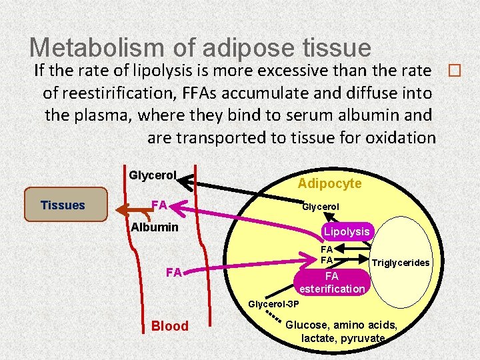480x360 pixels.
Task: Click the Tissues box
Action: [63, 205]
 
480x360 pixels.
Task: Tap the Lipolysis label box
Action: [347, 231]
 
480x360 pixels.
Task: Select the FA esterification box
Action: [332, 282]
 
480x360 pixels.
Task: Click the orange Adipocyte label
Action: [329, 183]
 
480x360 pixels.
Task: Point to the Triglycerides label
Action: [400, 263]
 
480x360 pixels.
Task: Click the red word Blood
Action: [170, 326]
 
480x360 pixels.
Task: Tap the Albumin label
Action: [154, 227]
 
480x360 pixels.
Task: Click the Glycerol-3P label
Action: [273, 304]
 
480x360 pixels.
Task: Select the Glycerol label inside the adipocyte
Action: [321, 207]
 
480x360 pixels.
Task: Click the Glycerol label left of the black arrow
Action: [152, 175]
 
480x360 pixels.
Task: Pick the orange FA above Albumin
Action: [159, 204]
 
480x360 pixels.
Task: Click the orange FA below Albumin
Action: [174, 272]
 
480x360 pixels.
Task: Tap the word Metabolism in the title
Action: [101, 47]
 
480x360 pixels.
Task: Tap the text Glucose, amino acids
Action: [341, 325]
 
